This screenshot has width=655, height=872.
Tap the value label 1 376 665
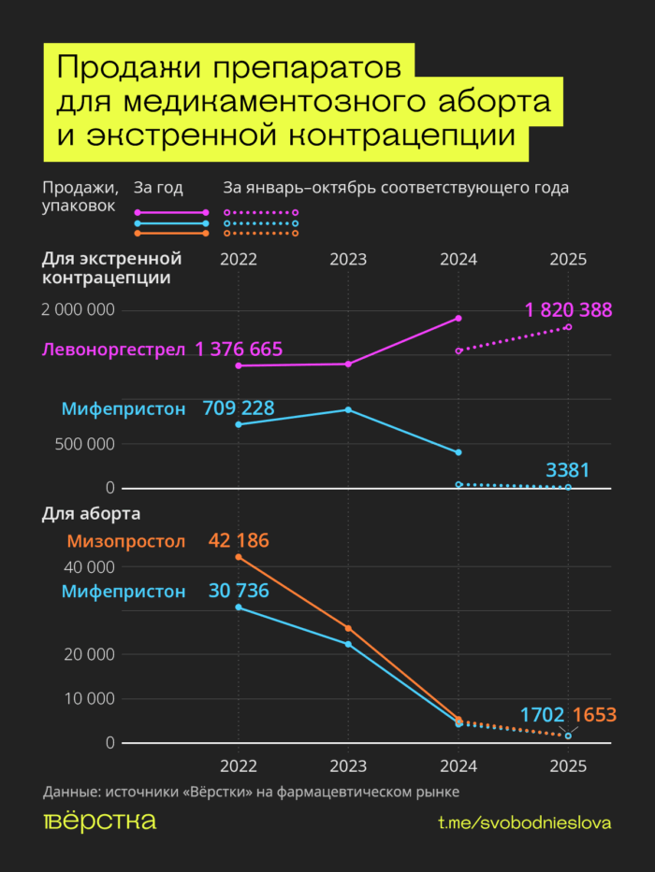tap(239, 350)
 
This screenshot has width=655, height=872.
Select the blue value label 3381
tap(568, 470)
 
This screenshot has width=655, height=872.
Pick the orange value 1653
tap(594, 716)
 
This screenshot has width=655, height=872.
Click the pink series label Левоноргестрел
tap(114, 350)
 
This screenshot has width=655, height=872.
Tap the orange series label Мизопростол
tap(126, 541)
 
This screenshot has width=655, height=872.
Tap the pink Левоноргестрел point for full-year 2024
tap(458, 319)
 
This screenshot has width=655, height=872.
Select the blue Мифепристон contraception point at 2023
tap(348, 410)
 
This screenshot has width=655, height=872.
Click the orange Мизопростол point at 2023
tap(348, 628)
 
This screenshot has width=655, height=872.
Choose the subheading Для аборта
tap(91, 514)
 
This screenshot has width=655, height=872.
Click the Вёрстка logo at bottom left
tap(99, 822)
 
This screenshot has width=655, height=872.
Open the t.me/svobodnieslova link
tap(524, 822)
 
